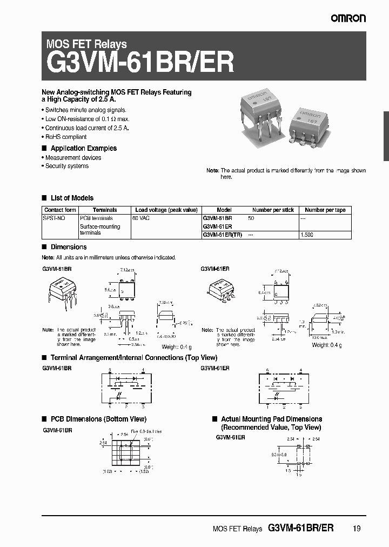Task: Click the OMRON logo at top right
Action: (348, 18)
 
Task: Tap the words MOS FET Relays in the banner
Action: (86, 44)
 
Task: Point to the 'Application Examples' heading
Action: (83, 148)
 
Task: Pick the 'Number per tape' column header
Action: (325, 210)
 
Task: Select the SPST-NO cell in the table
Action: (54, 217)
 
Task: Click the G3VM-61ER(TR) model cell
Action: (223, 235)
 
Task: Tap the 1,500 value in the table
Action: (306, 235)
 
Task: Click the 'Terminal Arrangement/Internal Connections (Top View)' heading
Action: (133, 358)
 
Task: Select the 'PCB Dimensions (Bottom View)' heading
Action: (98, 419)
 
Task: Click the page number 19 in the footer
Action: (356, 530)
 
